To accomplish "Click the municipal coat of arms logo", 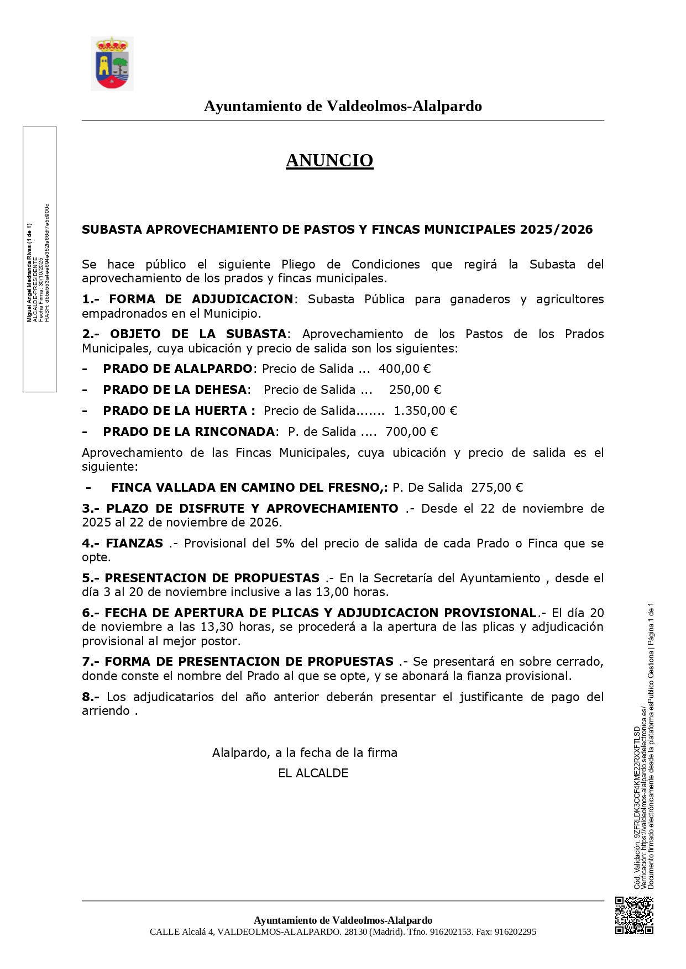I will click(112, 64).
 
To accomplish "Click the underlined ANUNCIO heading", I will click(329, 160).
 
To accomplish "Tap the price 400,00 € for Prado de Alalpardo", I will click(404, 368).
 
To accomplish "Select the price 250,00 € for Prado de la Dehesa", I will click(415, 389).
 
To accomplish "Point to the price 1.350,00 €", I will click(425, 410).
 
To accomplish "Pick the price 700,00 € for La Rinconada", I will click(411, 431).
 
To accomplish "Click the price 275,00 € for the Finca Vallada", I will click(496, 487).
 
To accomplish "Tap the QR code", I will click(634, 915).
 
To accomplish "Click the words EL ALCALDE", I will click(313, 773).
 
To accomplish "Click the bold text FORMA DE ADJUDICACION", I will click(201, 299).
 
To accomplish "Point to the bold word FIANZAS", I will click(134, 543).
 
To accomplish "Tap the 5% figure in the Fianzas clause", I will click(285, 543).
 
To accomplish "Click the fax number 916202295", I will click(515, 931).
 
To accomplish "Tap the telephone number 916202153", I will click(451, 931).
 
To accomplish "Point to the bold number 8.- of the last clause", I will click(91, 697).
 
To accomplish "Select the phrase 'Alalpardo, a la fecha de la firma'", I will click(305, 752).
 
